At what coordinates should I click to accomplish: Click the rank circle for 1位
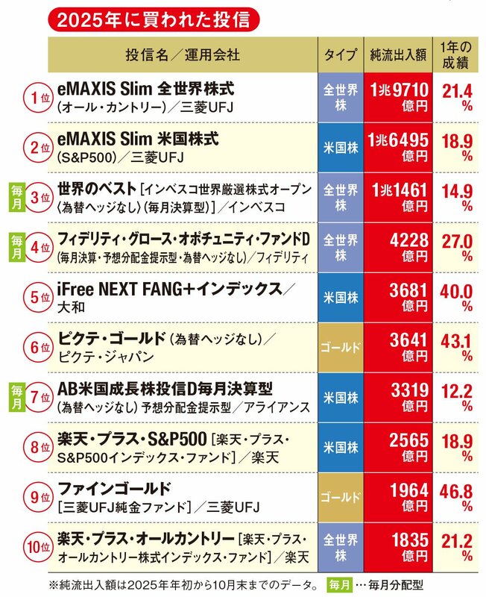click(x=35, y=99)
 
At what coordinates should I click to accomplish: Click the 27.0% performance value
click(x=458, y=246)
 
